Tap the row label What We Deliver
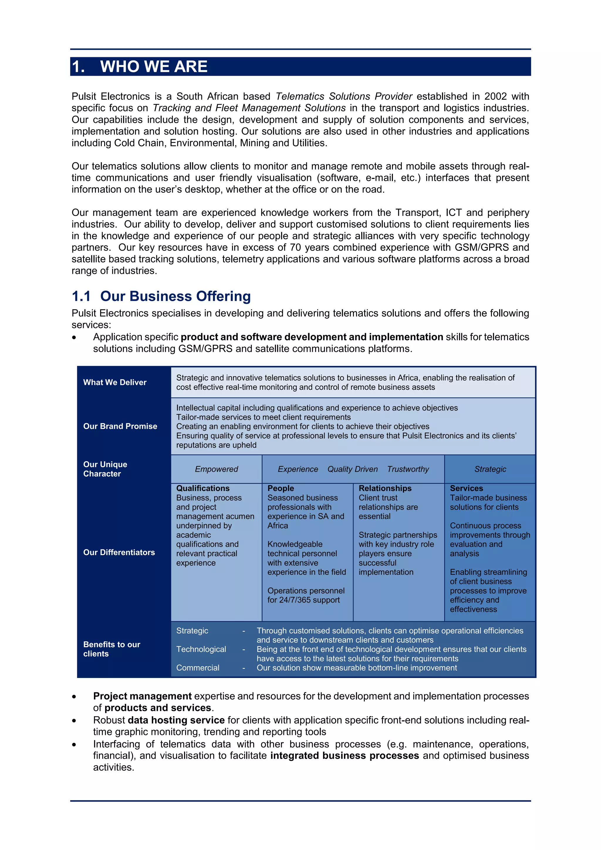pyautogui.click(x=115, y=382)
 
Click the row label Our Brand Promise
pyautogui.click(x=120, y=426)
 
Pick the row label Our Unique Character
pyautogui.click(x=105, y=469)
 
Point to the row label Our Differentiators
pyautogui.click(x=119, y=552)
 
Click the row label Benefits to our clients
pyautogui.click(x=112, y=649)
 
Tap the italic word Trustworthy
pyautogui.click(x=408, y=469)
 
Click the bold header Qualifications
pyautogui.click(x=203, y=488)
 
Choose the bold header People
pyautogui.click(x=281, y=488)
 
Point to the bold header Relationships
pyautogui.click(x=385, y=488)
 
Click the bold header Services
pyautogui.click(x=466, y=488)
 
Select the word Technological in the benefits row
pyautogui.click(x=201, y=649)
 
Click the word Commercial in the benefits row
pyautogui.click(x=197, y=667)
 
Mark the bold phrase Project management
pyautogui.click(x=142, y=696)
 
